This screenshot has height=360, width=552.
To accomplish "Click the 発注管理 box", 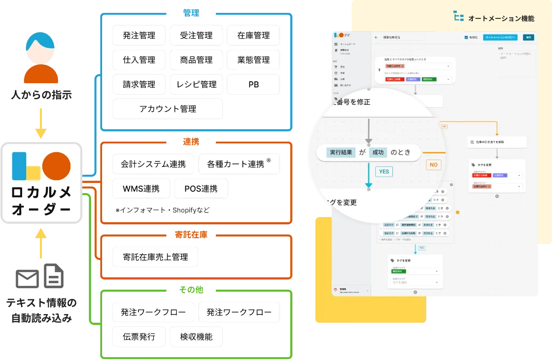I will coord(139,35).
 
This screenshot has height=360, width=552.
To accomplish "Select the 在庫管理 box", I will coord(253,35).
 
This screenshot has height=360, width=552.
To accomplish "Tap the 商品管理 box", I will coord(196,60).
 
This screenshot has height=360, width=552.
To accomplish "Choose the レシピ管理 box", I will coord(196,85).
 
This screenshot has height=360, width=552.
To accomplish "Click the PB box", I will coord(253,85).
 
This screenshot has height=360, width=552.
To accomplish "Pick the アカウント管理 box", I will coord(167,109).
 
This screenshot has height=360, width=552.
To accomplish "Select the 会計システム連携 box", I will coord(153,164).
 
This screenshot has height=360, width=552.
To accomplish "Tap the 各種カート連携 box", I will coord(239,164).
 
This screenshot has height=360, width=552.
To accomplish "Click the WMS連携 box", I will coord(141,189).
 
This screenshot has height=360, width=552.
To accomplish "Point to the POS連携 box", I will coord(201,189).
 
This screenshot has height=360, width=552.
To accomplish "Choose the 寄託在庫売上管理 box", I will coord(155,257).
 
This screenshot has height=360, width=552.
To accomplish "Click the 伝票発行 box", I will coord(139,337).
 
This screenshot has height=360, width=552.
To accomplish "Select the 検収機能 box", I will coord(196,337).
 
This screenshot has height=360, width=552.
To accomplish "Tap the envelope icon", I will coord(28,279).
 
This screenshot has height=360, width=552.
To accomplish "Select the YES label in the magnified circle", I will coord(384,171).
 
